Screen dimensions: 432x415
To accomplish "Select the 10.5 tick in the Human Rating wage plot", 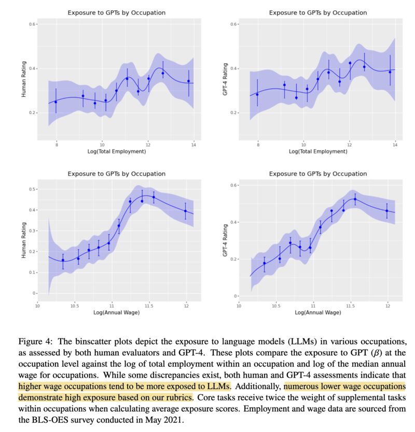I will click(x=75, y=305).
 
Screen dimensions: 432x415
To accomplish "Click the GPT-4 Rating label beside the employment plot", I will click(x=225, y=80).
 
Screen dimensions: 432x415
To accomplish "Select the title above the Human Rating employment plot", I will click(x=115, y=12).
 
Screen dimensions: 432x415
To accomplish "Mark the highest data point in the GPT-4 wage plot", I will click(x=355, y=199).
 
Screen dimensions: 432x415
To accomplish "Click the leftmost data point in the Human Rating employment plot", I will click(x=56, y=102).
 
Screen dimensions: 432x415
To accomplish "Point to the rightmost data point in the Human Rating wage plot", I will click(x=186, y=211).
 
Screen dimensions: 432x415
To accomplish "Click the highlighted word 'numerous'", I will click(x=303, y=386).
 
